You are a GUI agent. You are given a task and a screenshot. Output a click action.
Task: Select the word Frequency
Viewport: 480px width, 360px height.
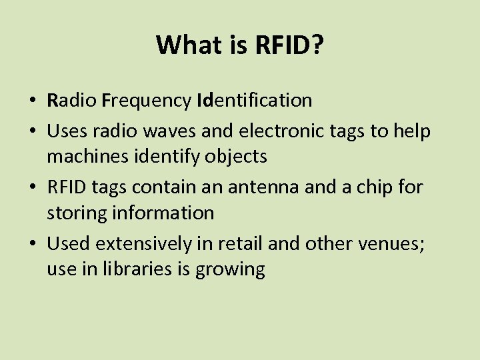(x=147, y=101)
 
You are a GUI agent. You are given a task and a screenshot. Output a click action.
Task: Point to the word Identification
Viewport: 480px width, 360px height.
(x=255, y=101)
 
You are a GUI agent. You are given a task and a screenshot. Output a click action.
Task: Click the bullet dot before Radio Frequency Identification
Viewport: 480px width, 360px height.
(x=32, y=101)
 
